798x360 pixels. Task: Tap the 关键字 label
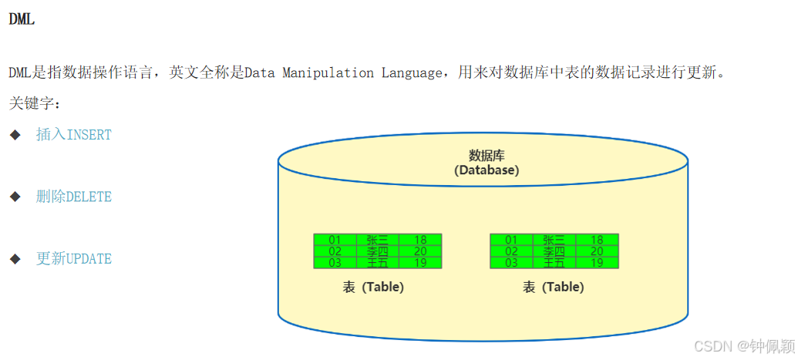tap(35, 103)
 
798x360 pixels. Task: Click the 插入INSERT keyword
tap(74, 135)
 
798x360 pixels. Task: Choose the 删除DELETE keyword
tap(74, 197)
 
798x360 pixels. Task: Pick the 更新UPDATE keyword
tap(74, 259)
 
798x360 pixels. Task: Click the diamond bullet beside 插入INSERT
tap(15, 135)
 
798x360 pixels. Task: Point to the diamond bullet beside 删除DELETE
tap(15, 197)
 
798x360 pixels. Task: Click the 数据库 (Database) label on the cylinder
tap(486, 163)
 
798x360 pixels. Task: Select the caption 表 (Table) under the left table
tap(373, 287)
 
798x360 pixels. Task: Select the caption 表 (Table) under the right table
tap(553, 287)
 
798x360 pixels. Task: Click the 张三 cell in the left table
tap(378, 240)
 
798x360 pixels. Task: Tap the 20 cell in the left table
tap(420, 251)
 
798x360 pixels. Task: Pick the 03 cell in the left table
tap(335, 263)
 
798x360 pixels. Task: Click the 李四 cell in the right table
tap(554, 251)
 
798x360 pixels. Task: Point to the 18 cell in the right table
tap(597, 240)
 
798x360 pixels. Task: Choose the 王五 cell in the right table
tap(554, 263)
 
